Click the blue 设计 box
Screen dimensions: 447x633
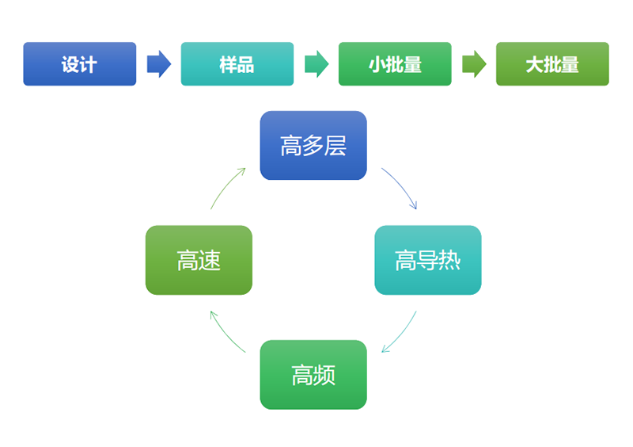79,64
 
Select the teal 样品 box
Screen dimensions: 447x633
237,64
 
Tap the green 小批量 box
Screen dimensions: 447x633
395,64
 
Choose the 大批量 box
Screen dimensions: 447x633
552,64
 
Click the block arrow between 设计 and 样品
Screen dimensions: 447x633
158,64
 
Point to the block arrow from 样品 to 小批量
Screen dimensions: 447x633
316,64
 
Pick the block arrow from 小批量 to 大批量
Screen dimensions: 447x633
474,64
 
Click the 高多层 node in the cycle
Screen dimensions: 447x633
313,146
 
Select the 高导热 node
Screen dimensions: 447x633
427,260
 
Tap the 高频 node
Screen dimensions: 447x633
313,375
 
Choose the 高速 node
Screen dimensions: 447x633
199,260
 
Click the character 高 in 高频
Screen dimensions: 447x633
302,375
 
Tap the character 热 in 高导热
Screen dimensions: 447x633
449,260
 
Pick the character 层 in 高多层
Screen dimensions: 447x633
335,146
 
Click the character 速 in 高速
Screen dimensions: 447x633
210,260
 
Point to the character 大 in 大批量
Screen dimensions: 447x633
535,64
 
